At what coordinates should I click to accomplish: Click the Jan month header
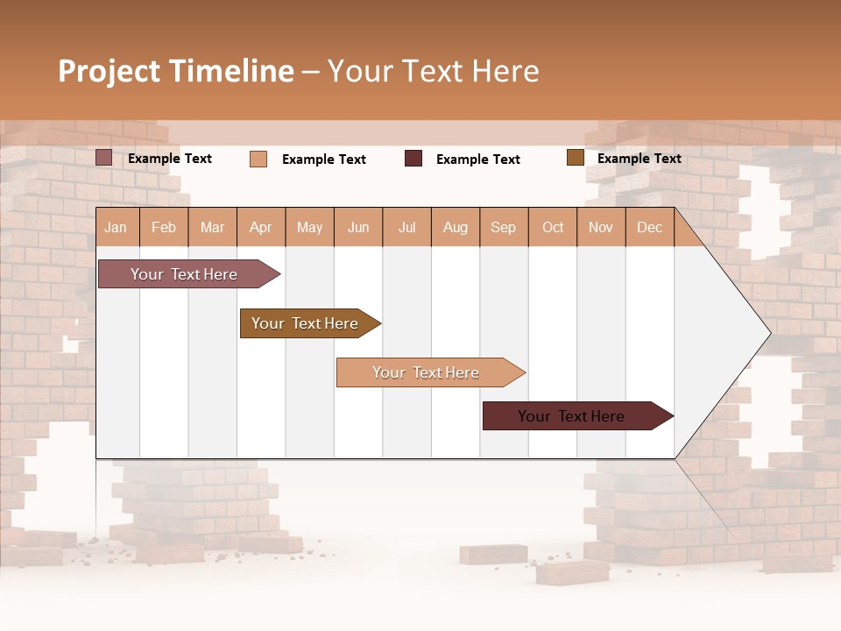116,227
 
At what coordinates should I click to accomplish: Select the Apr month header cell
260,227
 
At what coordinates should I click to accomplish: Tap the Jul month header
406,227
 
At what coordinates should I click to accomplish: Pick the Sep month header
503,227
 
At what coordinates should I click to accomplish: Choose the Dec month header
649,227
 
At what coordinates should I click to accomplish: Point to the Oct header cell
553,227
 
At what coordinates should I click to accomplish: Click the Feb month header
164,227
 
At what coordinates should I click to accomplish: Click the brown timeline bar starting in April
307,323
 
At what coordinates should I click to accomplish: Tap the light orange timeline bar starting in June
427,372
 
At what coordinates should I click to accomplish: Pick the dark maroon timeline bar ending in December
573,416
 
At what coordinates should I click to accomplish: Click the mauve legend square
103,158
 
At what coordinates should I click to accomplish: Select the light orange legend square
258,159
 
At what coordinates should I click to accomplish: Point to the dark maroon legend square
413,158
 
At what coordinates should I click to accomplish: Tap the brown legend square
575,158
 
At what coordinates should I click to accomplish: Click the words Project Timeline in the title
175,71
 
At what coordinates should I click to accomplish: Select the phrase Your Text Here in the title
433,71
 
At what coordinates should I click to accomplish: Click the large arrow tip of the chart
753,333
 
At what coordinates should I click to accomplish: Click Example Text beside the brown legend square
639,159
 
